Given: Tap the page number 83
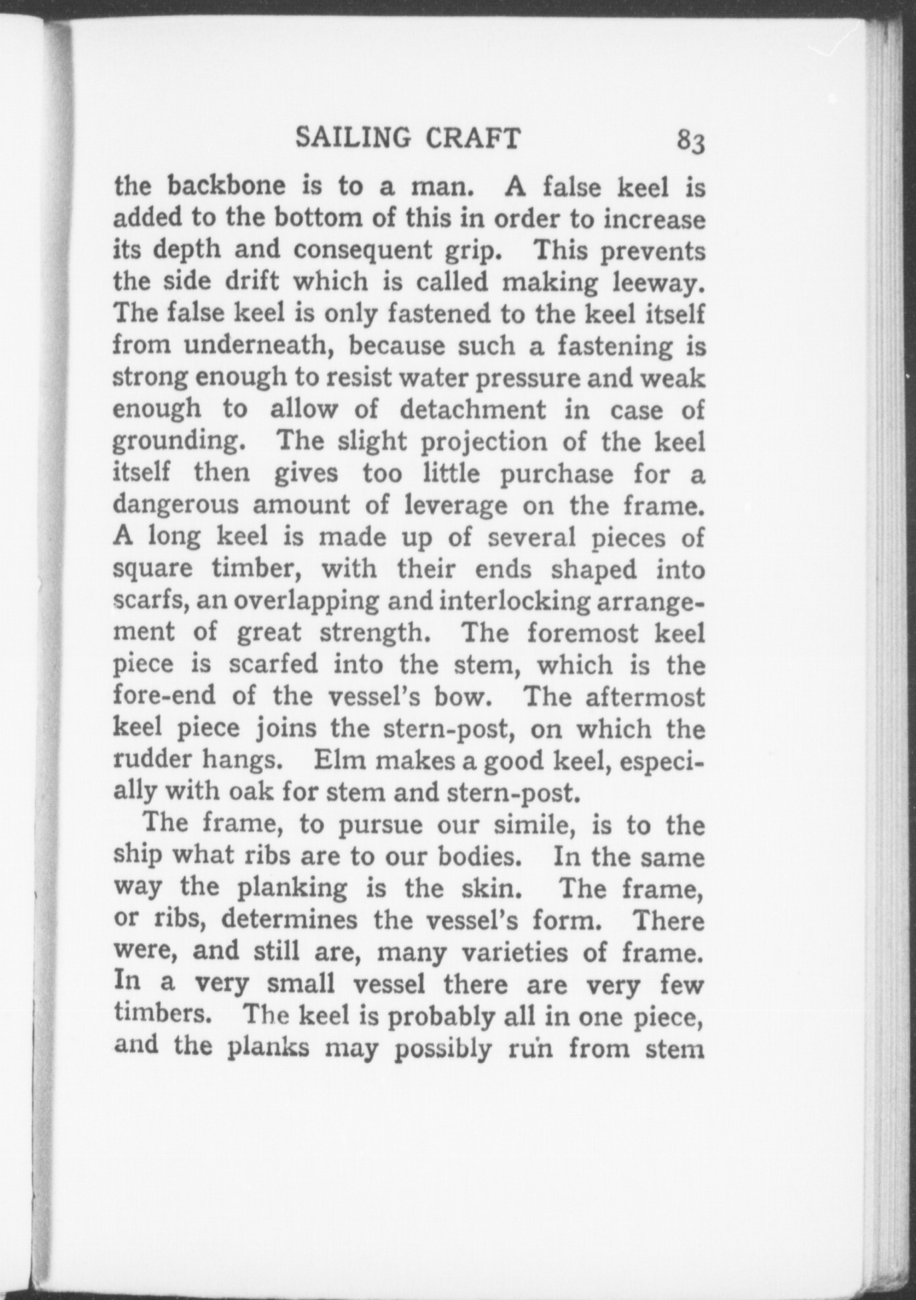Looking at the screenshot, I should click(690, 141).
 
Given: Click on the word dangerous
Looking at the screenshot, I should click(176, 506).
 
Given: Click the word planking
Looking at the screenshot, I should click(292, 888).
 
